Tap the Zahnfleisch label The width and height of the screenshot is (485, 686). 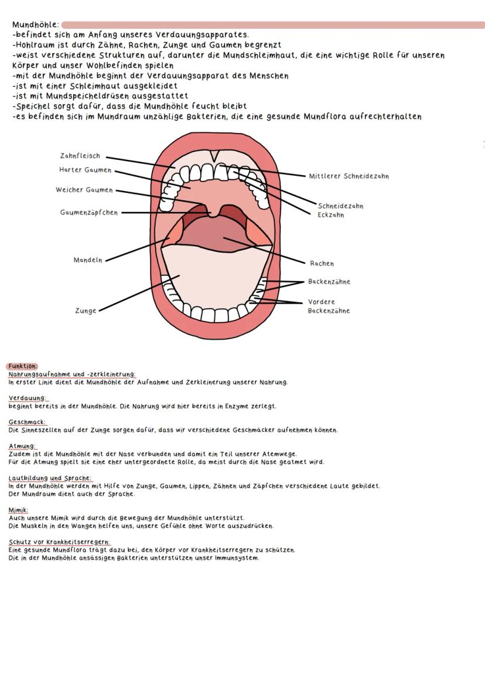coord(80,156)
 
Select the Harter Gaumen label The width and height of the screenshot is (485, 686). coord(85,170)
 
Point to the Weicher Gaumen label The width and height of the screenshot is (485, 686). coord(84,190)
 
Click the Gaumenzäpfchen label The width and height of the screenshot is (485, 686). coord(88,213)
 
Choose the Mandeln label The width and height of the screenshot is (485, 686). coord(88,260)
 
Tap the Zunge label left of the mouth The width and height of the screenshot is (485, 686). coord(86,311)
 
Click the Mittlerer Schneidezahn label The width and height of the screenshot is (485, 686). coord(349,176)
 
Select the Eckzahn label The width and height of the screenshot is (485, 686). coord(331,215)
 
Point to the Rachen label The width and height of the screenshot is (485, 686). coord(322,264)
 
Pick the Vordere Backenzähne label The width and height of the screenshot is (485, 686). coord(329,306)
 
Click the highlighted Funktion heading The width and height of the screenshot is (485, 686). coord(22,366)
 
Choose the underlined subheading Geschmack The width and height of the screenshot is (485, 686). coord(27,422)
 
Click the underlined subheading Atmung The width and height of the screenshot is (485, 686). coord(22,446)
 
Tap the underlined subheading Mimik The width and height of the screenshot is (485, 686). coord(18,510)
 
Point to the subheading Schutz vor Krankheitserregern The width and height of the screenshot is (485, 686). coord(59,542)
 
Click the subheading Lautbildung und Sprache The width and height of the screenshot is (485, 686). coord(50,479)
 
